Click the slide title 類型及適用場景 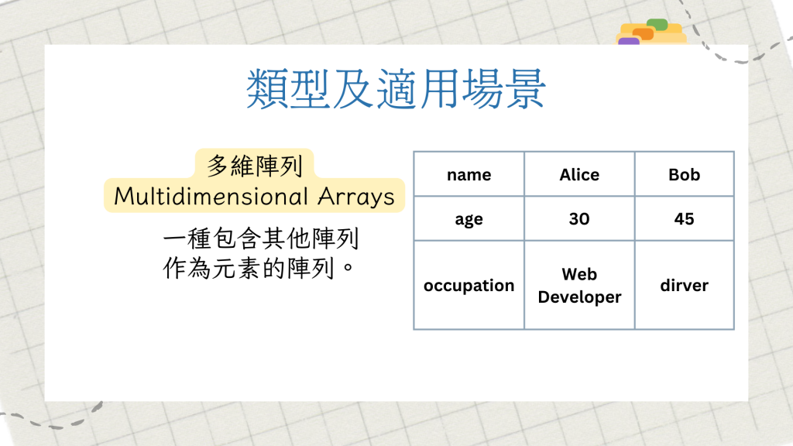[396, 90]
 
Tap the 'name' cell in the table [469, 174]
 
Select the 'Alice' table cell [579, 174]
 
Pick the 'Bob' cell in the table [685, 174]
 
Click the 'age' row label [469, 218]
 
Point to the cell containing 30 [579, 218]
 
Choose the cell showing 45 [685, 218]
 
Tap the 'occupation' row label [469, 285]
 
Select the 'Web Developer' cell [579, 285]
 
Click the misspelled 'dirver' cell [685, 285]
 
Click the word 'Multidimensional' [211, 196]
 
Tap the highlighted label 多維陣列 [254, 166]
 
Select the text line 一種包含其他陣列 [261, 238]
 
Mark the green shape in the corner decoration [657, 24]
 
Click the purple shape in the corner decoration [629, 42]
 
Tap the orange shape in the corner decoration [643, 34]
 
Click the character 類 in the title [267, 90]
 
